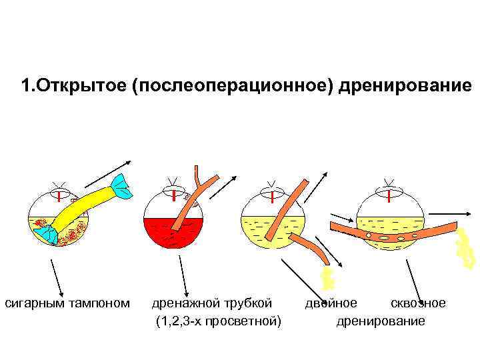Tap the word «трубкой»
249,304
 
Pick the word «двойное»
331,304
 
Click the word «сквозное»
417,304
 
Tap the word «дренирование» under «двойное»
380,321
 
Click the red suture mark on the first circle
59,197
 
